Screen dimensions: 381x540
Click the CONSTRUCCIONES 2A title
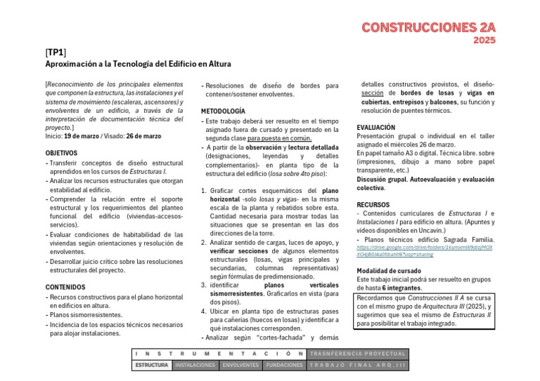[x=428, y=27]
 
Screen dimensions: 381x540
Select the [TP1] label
[x=56, y=53]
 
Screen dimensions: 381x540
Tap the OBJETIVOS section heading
[x=62, y=152]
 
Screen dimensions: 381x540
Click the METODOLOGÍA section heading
[x=223, y=111]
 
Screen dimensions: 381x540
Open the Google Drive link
[x=424, y=250]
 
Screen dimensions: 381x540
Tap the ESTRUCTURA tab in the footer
[x=151, y=366]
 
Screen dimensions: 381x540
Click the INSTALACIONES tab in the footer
[x=195, y=366]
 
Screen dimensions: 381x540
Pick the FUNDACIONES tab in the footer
[x=285, y=366]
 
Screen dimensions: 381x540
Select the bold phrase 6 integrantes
[x=402, y=288]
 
